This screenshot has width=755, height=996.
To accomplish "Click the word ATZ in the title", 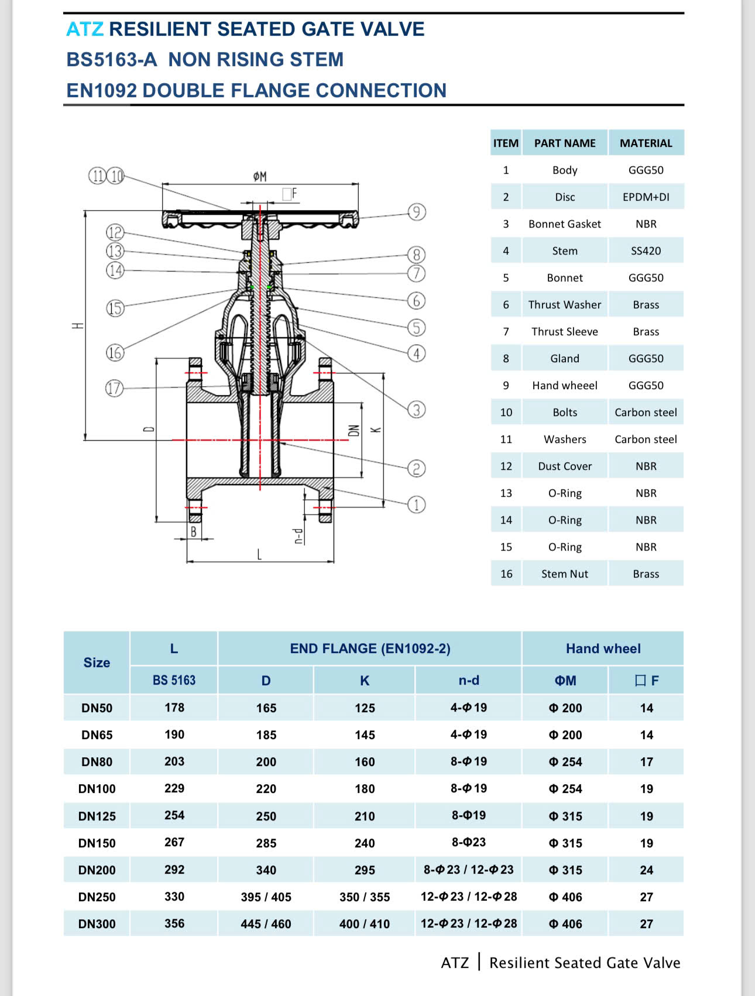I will click(85, 29).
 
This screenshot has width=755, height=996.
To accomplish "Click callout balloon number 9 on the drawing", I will click(417, 212).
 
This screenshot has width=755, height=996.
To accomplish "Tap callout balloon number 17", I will click(115, 388).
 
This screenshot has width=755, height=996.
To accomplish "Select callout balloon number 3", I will click(417, 410).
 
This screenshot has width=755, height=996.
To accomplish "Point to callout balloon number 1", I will click(417, 504).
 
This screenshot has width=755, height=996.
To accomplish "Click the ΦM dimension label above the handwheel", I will click(260, 176).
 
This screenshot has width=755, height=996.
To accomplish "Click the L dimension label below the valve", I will click(259, 554).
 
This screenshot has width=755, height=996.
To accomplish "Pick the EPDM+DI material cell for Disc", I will click(646, 197).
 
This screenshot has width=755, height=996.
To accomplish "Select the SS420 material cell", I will click(646, 251).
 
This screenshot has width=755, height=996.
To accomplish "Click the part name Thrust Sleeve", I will click(564, 332).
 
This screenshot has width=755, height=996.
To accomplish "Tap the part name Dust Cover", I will click(564, 466).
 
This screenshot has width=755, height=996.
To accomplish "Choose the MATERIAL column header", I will click(646, 143).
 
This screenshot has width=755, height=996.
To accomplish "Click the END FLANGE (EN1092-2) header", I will click(370, 648).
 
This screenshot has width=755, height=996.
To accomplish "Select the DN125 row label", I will click(97, 816).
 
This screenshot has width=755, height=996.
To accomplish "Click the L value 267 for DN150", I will click(174, 842).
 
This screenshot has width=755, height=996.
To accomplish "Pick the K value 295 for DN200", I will click(365, 870).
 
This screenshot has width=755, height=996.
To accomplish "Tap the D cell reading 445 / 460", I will click(266, 924).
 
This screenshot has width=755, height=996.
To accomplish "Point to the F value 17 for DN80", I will click(646, 762).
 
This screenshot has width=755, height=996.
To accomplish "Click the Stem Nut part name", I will click(564, 574).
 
